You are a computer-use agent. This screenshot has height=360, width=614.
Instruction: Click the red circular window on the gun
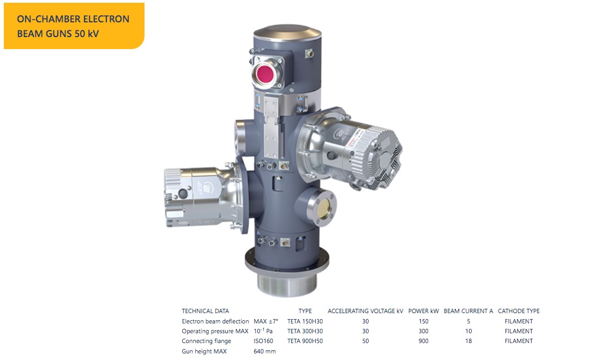point(265,74)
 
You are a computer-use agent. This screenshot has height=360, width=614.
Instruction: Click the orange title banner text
point(73,26)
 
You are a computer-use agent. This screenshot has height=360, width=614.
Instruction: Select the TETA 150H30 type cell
point(305,321)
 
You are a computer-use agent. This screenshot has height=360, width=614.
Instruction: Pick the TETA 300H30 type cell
point(305,331)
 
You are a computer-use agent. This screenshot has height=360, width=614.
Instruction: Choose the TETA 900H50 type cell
point(305,341)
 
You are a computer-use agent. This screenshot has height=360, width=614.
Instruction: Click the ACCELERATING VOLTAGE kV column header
point(365,311)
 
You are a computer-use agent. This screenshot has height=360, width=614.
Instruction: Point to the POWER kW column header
point(424,311)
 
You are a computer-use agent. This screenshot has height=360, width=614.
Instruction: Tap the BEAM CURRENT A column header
point(468,311)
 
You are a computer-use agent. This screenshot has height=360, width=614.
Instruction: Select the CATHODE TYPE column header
point(519,311)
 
